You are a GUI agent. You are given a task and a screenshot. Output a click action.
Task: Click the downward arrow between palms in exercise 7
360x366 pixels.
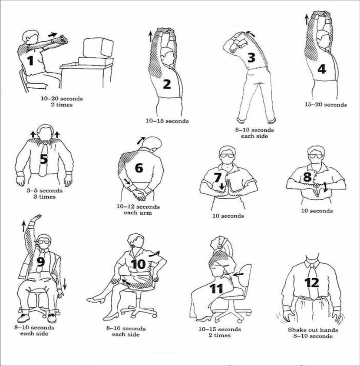(221, 186)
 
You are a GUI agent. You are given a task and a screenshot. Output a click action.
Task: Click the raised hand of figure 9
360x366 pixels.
(38, 217)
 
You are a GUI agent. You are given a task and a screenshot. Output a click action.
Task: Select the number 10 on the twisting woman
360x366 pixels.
(139, 264)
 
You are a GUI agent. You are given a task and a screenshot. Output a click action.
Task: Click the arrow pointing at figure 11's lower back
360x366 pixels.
(239, 274)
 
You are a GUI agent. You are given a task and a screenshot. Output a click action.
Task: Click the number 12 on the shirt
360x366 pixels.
(312, 283)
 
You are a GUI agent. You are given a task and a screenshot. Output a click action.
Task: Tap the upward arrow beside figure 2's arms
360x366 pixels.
(151, 36)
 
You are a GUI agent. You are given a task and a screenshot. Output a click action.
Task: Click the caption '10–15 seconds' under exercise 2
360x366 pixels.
(167, 121)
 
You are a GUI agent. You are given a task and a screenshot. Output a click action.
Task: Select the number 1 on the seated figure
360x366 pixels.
(30, 60)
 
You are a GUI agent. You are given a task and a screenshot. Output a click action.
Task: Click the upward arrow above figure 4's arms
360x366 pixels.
(307, 18)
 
